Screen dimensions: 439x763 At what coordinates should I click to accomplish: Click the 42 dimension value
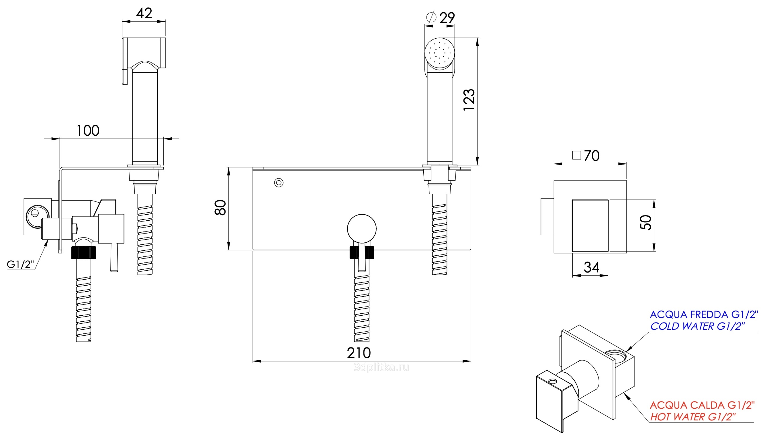coord(144,13)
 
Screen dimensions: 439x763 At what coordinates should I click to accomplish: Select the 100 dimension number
coord(87,130)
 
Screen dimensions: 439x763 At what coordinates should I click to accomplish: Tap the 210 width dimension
coord(358,353)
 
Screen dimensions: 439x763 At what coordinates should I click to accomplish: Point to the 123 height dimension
coord(469,100)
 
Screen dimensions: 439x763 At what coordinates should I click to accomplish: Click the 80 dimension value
coord(220,207)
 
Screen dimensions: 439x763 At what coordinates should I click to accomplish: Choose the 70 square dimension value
coord(591,156)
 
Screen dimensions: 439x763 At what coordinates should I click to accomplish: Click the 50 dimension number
coord(645,223)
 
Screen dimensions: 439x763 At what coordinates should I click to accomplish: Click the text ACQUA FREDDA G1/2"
coord(703,315)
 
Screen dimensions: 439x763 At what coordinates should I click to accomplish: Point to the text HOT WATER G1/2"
coord(693,417)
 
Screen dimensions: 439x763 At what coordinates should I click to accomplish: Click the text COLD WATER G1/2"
coord(697,326)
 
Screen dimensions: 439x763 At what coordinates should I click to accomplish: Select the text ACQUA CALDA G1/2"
coord(702,405)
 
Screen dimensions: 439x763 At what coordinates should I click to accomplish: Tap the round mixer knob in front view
coord(361,229)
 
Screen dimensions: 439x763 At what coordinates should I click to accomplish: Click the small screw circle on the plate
coord(278,182)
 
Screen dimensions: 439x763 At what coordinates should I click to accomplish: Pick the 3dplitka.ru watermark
coord(381,367)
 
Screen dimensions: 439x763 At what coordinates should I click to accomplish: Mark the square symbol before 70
coord(576,155)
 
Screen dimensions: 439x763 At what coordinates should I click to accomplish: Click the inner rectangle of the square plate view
coord(590,225)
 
